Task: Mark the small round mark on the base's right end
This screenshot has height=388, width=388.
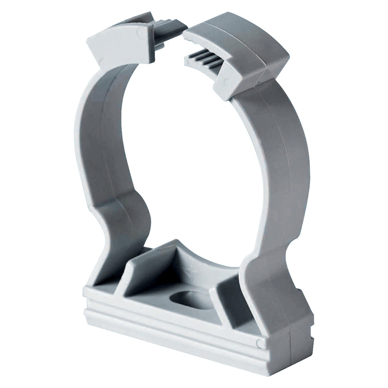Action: click(260, 343)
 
